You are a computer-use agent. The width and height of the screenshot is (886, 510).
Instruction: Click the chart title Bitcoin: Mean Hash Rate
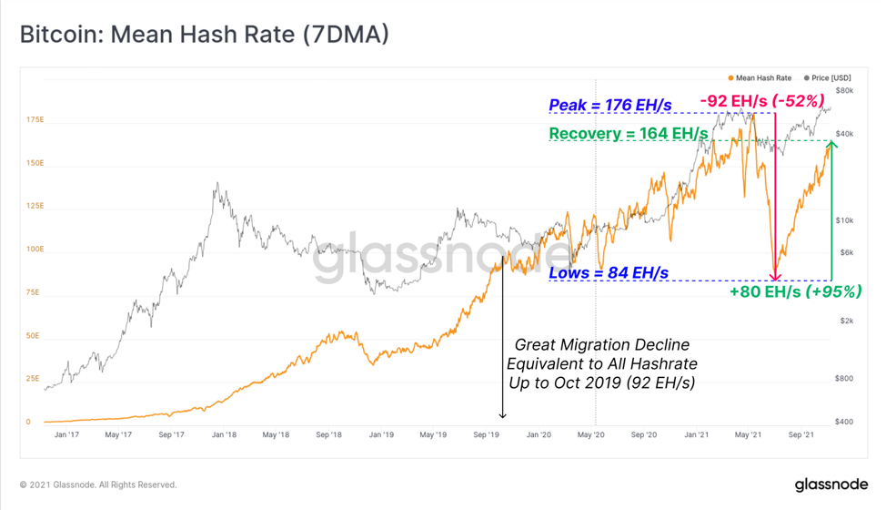(x=205, y=35)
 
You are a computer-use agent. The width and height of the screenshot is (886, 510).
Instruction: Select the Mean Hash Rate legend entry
(x=760, y=78)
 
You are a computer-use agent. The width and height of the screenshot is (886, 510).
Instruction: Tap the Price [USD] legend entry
(x=827, y=78)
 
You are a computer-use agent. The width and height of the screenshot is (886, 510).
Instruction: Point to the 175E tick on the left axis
(x=35, y=120)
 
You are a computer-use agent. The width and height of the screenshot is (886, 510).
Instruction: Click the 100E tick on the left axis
(x=35, y=249)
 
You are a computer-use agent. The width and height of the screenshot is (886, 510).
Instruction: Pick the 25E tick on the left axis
(x=33, y=378)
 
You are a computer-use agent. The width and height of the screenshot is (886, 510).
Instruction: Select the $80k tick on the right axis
(x=845, y=90)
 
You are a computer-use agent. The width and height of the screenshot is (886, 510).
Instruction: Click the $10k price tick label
(x=845, y=220)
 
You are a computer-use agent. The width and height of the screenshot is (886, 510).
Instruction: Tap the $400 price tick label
(x=844, y=422)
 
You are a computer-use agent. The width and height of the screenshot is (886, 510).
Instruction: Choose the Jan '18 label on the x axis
(x=225, y=434)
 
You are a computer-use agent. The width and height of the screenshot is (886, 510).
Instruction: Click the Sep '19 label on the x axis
(x=487, y=434)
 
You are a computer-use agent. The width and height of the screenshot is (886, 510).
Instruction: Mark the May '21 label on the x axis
(x=748, y=434)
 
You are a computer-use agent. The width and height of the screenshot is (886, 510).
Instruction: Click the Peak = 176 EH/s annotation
(x=610, y=105)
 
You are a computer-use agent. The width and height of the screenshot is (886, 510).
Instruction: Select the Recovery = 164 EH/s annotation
(x=629, y=134)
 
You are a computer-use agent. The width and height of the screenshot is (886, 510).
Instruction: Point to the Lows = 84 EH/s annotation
(x=609, y=273)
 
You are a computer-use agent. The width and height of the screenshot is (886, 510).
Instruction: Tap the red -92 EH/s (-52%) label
(x=762, y=101)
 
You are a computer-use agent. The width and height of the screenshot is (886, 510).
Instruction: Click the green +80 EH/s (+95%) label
(x=796, y=291)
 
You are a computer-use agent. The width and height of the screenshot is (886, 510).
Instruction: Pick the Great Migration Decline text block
(x=602, y=363)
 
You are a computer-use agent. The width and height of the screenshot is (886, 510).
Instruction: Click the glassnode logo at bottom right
(x=831, y=484)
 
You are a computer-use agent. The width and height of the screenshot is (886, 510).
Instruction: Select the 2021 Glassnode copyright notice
(x=98, y=484)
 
